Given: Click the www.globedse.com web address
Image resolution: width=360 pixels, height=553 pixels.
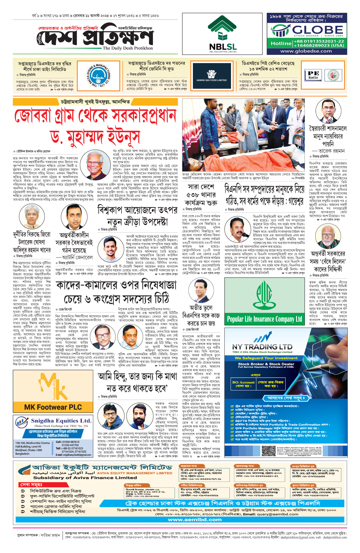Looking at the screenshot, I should click(306, 51).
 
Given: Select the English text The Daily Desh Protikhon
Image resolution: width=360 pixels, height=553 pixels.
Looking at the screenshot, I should click(128, 48).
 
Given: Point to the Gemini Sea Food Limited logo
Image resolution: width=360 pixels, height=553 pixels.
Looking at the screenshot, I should click(211, 75).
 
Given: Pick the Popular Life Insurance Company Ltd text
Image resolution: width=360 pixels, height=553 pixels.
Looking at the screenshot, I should click(264, 319).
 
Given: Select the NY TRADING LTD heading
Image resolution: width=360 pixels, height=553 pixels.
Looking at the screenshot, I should click(262, 347).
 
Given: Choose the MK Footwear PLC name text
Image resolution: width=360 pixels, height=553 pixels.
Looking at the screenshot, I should click(53, 407).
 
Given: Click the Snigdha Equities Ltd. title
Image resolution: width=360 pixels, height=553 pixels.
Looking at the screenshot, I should click(61, 421).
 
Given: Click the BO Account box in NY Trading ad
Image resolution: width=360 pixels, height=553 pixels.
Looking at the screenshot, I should click(243, 384).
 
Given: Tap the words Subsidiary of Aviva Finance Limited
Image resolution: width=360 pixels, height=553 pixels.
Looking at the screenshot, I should click(85, 478).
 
